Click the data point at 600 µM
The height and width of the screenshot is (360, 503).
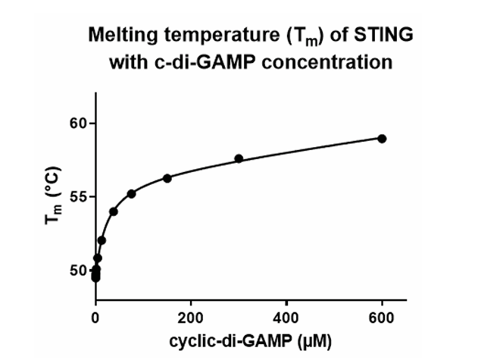click(x=382, y=139)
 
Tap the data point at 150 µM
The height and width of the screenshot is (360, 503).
click(x=167, y=178)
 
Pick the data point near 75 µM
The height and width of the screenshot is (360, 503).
click(x=131, y=194)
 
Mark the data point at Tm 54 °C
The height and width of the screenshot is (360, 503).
click(x=114, y=211)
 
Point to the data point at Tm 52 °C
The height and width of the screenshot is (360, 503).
click(x=102, y=240)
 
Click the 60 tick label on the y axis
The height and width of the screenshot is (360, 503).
click(x=77, y=123)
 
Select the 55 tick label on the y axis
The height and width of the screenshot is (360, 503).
click(x=77, y=197)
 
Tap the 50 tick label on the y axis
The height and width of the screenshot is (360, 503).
click(x=77, y=271)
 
